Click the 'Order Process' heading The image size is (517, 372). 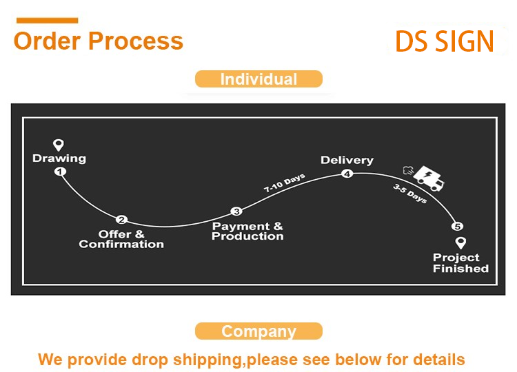pos(99,41)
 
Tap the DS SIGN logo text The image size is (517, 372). pos(445,41)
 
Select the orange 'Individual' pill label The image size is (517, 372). pos(258,79)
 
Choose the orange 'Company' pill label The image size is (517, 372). pos(258,331)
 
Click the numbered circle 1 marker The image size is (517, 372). pos(60,172)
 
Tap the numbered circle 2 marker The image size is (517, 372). pos(121,220)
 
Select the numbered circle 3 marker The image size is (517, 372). pos(236,211)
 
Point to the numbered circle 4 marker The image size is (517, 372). pos(347,174)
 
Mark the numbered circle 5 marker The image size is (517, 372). pos(457,227)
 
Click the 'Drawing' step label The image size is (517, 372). pos(59,158)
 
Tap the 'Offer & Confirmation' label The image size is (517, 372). pos(121,239)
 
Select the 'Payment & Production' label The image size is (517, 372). pos(247,231)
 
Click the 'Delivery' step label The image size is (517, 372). pos(347,160)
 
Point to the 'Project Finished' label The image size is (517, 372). pos(460,262)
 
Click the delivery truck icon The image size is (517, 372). pos(425,178)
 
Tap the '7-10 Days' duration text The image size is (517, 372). pos(285,183)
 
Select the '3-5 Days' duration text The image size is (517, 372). pos(410,194)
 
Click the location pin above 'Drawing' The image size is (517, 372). pos(59,144)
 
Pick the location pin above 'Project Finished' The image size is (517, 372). pos(460,242)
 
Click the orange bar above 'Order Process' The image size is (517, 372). pos(47,21)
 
